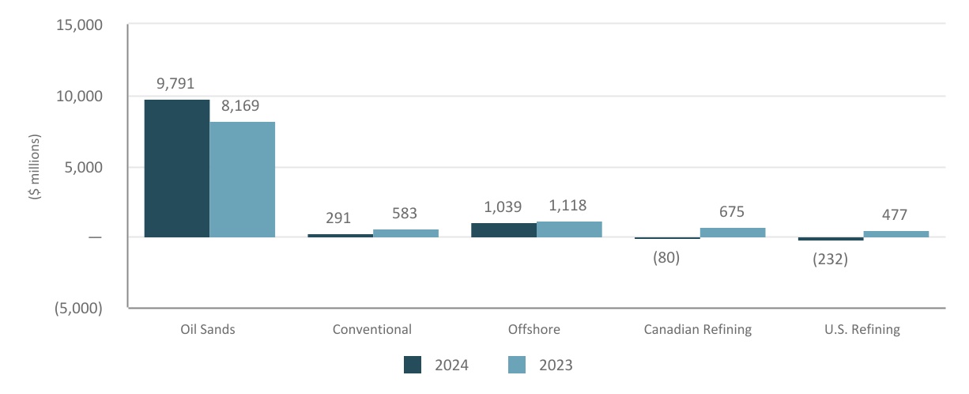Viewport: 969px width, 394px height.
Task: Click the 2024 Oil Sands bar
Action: pos(177,168)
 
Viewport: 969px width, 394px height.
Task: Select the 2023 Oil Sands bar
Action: pos(242,180)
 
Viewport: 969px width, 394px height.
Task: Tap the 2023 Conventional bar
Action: pos(405,233)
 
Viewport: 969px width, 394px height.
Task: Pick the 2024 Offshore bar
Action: pos(503,230)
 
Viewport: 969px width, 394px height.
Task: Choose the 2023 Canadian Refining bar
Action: pos(733,233)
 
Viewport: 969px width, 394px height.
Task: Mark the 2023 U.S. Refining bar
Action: pos(896,234)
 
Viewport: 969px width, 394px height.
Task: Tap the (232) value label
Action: pos(831,260)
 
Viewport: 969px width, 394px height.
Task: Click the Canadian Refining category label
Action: pos(697,329)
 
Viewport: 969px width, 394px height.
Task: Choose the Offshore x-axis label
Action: pos(536,329)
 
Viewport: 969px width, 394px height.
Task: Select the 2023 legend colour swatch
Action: pos(516,365)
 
